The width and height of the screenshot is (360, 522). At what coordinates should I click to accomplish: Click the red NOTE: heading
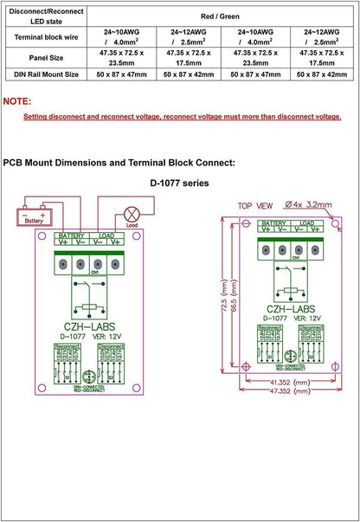click(17, 101)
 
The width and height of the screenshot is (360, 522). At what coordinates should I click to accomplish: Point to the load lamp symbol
click(132, 214)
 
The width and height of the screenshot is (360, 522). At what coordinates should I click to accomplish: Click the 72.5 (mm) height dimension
click(224, 294)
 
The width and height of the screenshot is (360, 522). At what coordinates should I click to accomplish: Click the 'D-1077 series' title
click(181, 184)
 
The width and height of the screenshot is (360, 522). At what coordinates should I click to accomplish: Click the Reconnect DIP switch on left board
click(66, 365)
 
